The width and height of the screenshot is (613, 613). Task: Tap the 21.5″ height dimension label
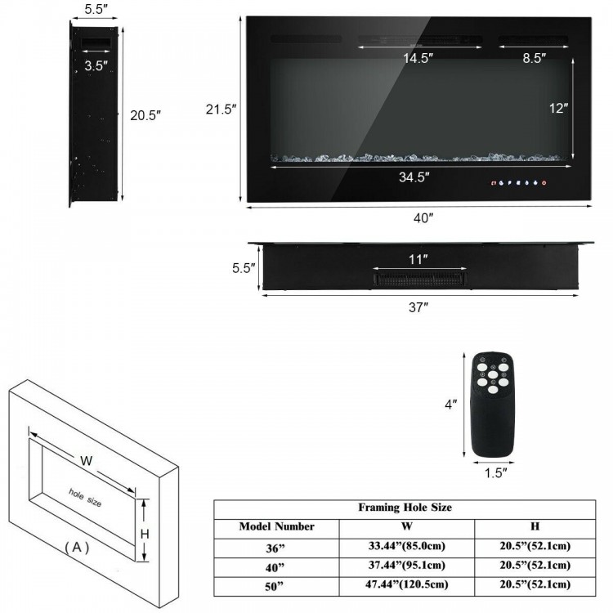pos(221,110)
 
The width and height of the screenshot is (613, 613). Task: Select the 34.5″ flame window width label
pos(414,177)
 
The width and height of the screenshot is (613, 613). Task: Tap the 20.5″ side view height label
pos(145,115)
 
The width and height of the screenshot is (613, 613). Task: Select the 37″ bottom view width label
pos(418,306)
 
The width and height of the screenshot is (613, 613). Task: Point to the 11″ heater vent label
pos(418,259)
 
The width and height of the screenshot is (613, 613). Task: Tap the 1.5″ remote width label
pos(494,472)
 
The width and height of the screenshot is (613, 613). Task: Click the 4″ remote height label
pos(450,404)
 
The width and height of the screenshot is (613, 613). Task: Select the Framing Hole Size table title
pos(405,508)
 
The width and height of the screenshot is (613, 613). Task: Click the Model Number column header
pos(276,527)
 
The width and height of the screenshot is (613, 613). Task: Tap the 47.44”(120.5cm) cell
pos(406,585)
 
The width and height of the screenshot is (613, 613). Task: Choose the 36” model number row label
pos(276,546)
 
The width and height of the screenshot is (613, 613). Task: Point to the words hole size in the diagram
pos(85,497)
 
